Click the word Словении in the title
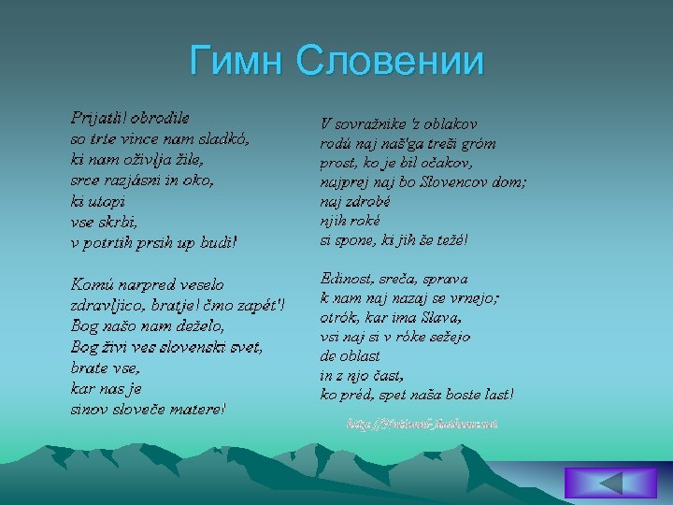tap(390, 62)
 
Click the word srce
tap(85, 180)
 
